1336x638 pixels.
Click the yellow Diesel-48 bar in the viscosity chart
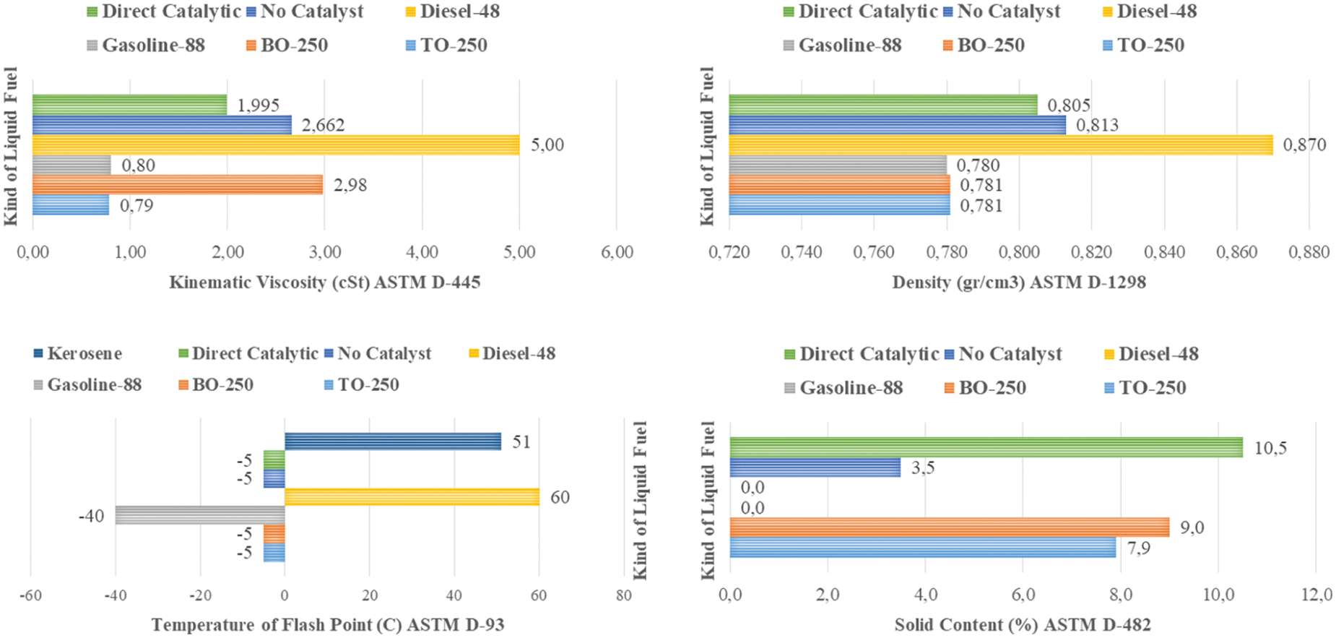(274, 145)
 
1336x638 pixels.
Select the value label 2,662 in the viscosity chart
(323, 125)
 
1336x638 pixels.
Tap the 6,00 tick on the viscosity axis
(616, 252)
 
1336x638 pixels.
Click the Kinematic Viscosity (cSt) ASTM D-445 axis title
(324, 282)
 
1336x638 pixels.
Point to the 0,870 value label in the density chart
(1304, 145)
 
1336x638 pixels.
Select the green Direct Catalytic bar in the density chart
(882, 105)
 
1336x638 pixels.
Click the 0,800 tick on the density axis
(1018, 252)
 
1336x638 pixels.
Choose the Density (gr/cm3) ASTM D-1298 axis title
(1018, 282)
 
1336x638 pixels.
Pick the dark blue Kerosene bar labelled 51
(392, 441)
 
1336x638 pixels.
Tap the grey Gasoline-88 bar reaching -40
(199, 515)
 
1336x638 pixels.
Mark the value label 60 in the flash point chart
(560, 497)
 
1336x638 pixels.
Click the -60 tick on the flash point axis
(30, 595)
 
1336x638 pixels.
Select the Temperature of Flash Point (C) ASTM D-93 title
(327, 625)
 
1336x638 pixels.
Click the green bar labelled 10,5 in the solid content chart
(986, 447)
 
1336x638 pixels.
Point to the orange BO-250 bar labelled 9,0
(949, 527)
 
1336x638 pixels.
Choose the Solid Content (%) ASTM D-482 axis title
(1023, 625)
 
